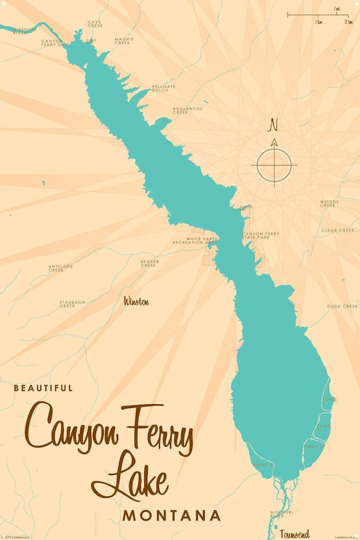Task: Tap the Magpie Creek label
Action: click(124, 41)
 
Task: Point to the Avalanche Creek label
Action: click(188, 110)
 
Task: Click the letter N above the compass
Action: click(273, 123)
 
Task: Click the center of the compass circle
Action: click(274, 165)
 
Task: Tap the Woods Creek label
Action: click(328, 203)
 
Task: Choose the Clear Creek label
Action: click(338, 231)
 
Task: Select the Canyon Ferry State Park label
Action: click(260, 236)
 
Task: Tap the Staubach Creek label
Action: click(72, 304)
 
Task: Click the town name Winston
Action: click(137, 302)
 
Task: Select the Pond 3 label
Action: click(313, 447)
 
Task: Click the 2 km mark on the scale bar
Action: click(349, 21)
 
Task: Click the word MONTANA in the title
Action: click(172, 515)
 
